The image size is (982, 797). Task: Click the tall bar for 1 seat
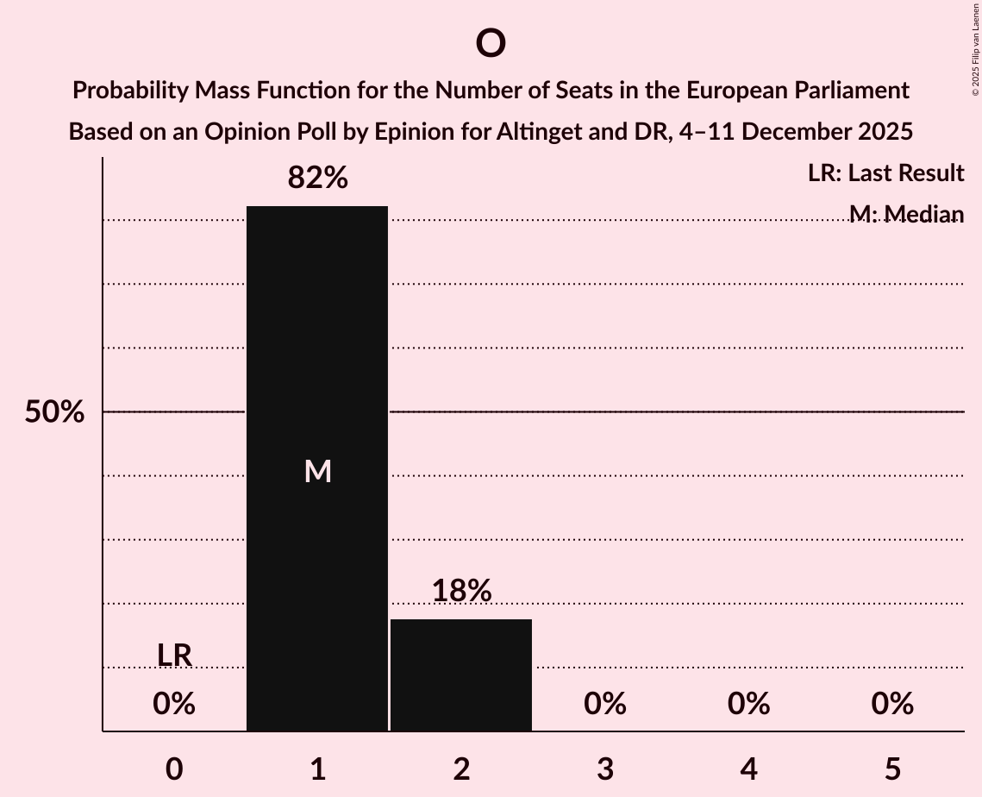[x=317, y=345]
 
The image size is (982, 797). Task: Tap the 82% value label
[x=317, y=178]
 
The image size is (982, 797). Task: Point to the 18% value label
[x=461, y=591]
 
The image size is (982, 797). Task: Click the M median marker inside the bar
[x=317, y=471]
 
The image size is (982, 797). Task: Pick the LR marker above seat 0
[x=174, y=656]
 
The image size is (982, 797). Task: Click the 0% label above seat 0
[x=174, y=705]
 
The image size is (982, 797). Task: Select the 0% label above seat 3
[x=604, y=705]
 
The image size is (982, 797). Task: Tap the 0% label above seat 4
[x=748, y=705]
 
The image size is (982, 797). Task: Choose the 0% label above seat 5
[x=891, y=705]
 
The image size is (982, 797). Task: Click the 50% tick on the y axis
[x=54, y=412]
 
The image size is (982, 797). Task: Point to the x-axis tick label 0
[x=174, y=769]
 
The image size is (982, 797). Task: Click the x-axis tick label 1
[x=317, y=769]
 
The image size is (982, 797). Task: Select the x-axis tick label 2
[x=461, y=769]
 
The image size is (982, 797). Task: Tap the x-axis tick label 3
[x=604, y=769]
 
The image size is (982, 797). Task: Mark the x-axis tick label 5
[x=891, y=769]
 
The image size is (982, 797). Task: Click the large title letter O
[x=490, y=43]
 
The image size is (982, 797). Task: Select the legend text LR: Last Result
[x=885, y=173]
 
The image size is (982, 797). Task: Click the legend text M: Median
[x=905, y=214]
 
